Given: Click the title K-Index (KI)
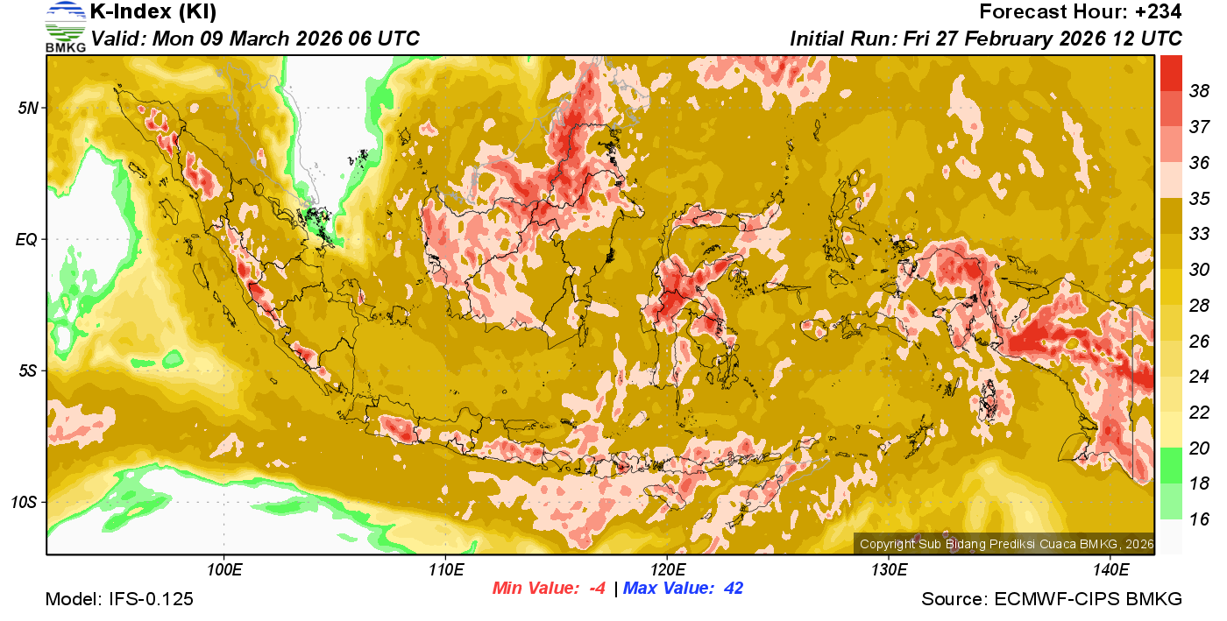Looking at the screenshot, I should point(153,12).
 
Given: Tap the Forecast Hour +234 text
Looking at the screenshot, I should point(1081,12).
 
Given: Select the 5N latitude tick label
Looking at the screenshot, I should point(29,108).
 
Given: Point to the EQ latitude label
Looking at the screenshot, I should point(28,239).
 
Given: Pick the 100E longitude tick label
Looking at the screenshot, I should point(224,570).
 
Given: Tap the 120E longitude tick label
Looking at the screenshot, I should point(667,570).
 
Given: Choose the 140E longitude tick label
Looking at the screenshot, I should point(1110,570).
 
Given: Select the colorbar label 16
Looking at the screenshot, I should point(1199,519).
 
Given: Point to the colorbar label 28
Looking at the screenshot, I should point(1199,305).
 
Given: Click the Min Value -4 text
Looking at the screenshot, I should point(549,588).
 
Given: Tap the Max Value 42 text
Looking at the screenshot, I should point(683,588).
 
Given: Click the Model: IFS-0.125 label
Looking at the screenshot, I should point(119,599).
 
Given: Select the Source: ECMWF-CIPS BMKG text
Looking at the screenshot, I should point(1052,599).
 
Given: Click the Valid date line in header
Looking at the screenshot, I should point(255,39).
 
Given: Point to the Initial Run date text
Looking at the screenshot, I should point(986,39).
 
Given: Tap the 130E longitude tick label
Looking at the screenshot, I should point(889,570).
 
